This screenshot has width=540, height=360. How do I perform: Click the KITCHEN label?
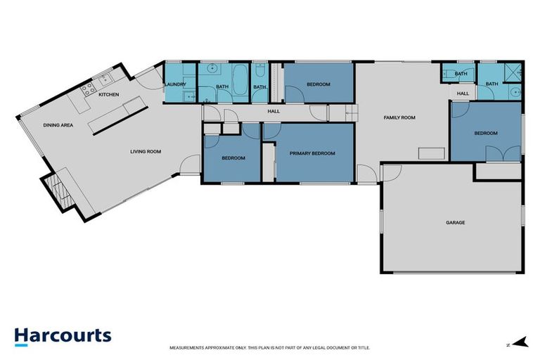(x=108, y=94)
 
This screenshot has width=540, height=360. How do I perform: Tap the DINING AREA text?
(x=58, y=125)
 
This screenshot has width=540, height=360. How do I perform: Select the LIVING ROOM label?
(x=146, y=151)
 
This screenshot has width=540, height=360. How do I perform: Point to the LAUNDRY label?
(x=174, y=86)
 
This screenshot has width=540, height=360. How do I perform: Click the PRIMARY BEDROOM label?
(x=313, y=153)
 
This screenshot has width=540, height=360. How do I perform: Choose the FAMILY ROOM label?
(x=401, y=118)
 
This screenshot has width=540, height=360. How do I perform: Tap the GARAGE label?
(x=455, y=223)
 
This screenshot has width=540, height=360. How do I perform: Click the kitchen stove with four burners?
(x=89, y=89)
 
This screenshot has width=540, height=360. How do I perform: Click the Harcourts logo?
(x=63, y=335)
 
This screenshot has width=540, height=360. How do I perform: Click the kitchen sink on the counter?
(x=106, y=78)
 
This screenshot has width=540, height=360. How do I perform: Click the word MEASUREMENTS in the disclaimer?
(x=186, y=348)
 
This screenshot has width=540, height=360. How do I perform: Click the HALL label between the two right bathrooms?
(x=463, y=94)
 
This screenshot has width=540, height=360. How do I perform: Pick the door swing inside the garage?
(x=392, y=172)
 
